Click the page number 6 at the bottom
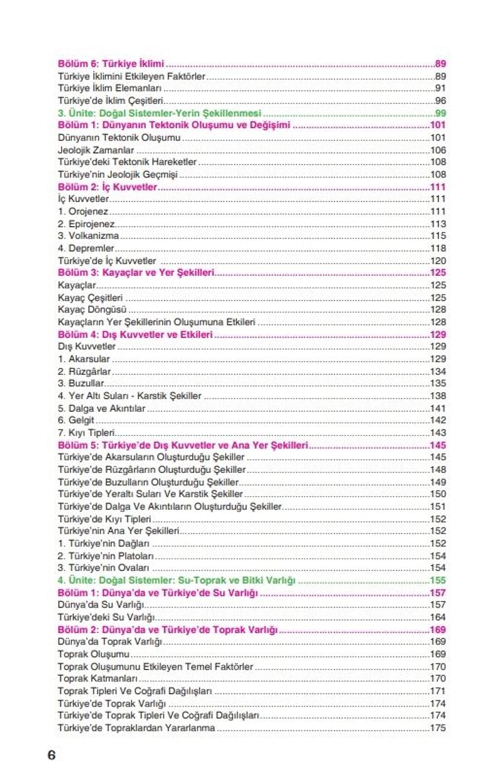pyautogui.click(x=52, y=754)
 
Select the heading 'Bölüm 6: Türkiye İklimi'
pyautogui.click(x=111, y=64)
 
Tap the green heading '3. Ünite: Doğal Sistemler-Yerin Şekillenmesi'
pyautogui.click(x=159, y=113)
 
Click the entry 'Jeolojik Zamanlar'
pyautogui.click(x=96, y=150)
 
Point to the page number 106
pyautogui.click(x=438, y=150)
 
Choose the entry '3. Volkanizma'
pyautogui.click(x=88, y=236)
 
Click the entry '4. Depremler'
pyautogui.click(x=86, y=248)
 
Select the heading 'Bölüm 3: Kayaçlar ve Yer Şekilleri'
pyautogui.click(x=136, y=273)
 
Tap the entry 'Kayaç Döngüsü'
pyautogui.click(x=92, y=310)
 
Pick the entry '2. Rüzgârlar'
pyautogui.click(x=84, y=371)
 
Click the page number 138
pyautogui.click(x=438, y=396)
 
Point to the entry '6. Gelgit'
pyautogui.click(x=76, y=420)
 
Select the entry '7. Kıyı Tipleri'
pyautogui.click(x=86, y=433)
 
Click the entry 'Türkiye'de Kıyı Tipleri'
pyautogui.click(x=104, y=519)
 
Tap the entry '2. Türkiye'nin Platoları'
pyautogui.click(x=106, y=556)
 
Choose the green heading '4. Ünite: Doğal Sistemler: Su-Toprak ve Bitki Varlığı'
pyautogui.click(x=176, y=581)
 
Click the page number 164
pyautogui.click(x=438, y=617)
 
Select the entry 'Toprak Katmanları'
pyautogui.click(x=98, y=679)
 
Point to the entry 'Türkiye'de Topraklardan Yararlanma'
pyautogui.click(x=136, y=728)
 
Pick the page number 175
pyautogui.click(x=438, y=728)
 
